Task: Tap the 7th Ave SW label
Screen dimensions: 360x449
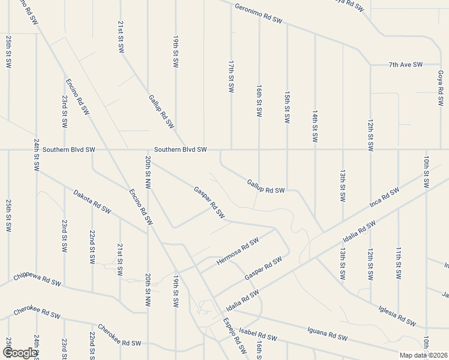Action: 406,64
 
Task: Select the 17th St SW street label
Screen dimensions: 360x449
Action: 231,76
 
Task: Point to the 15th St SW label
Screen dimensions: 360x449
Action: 287,107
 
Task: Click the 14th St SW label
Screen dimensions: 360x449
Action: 315,126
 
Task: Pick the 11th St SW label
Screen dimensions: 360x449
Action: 398,263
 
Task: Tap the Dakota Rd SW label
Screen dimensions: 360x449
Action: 92,202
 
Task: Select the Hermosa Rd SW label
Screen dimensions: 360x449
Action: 238,250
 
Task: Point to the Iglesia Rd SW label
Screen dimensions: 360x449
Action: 397,316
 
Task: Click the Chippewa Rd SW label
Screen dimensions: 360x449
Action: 37,281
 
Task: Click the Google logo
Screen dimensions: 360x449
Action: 20,353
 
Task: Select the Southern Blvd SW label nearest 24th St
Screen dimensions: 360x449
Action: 68,149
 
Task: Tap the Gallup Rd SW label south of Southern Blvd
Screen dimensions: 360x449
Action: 265,186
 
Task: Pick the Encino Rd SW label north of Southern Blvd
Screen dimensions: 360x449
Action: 77,96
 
